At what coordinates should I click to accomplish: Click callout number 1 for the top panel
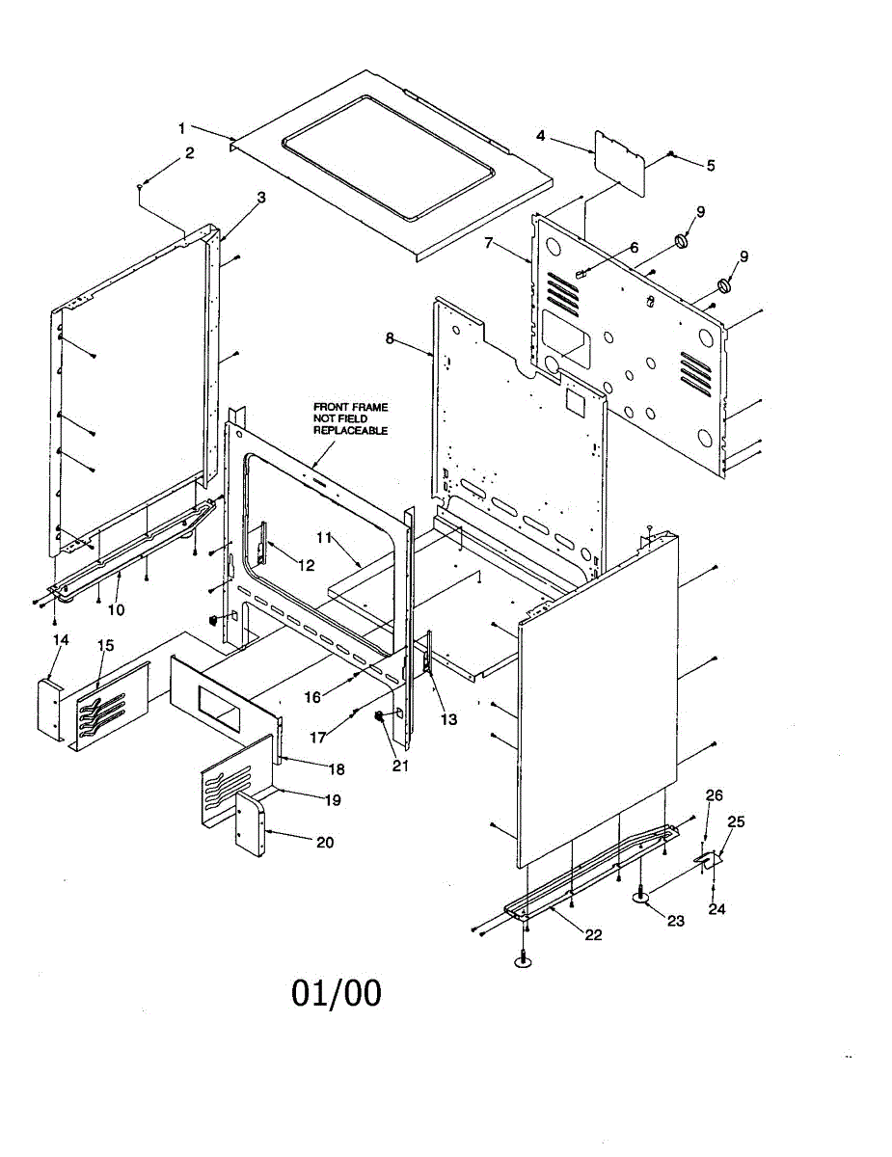[180, 126]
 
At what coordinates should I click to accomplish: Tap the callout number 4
[541, 136]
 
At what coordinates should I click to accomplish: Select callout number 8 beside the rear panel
[390, 338]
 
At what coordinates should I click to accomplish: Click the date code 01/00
[337, 993]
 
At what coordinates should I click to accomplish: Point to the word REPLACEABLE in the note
[351, 431]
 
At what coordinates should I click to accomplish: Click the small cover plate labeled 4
[620, 158]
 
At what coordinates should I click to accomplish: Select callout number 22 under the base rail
[592, 934]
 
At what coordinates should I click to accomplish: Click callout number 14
[61, 639]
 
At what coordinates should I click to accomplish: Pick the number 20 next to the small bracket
[325, 842]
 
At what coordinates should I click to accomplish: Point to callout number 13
[449, 719]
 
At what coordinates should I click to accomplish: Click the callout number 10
[117, 609]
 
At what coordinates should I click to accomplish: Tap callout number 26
[714, 795]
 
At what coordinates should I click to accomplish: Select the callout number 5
[711, 165]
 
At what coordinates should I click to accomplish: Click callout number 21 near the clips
[398, 766]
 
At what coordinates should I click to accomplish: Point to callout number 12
[306, 566]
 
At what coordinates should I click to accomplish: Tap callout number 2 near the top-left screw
[189, 152]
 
